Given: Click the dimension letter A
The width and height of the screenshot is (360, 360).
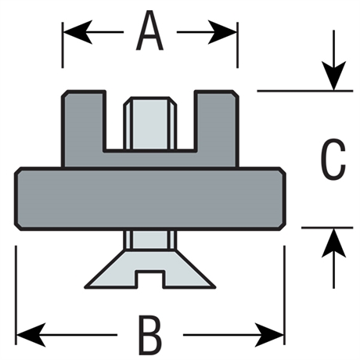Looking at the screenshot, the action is click(x=149, y=31).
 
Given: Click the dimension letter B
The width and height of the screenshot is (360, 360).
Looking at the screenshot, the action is click(x=150, y=335).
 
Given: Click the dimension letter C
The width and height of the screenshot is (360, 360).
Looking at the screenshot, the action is click(x=333, y=160).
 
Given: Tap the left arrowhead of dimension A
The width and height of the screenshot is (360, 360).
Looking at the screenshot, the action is click(x=78, y=32).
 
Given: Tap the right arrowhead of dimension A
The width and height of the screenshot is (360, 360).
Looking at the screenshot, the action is click(x=222, y=32).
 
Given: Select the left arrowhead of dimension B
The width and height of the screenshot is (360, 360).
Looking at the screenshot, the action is click(x=31, y=335).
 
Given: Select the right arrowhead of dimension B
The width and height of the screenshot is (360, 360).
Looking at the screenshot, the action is click(x=269, y=335).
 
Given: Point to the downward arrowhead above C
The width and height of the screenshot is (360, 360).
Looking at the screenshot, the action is click(x=333, y=76).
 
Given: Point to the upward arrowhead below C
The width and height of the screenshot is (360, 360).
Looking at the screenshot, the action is click(x=333, y=243).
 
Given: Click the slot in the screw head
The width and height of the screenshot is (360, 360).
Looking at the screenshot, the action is click(x=150, y=279).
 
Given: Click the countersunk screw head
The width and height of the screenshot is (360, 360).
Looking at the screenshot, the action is click(x=150, y=269).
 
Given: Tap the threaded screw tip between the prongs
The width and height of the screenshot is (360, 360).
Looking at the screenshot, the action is click(x=150, y=124).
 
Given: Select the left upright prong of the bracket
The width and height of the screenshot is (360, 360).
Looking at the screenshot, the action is click(x=84, y=128).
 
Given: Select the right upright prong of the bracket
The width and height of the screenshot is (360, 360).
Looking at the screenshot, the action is click(x=216, y=128).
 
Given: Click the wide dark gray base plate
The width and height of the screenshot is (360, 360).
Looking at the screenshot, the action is click(x=149, y=199).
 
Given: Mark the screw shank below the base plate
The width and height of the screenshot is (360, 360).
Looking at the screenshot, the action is click(x=150, y=240).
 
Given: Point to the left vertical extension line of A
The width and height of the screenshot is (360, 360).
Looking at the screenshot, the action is click(x=63, y=45).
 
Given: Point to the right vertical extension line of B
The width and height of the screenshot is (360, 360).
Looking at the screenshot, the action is click(x=284, y=295).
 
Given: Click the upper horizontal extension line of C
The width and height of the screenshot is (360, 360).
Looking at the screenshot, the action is click(x=304, y=91).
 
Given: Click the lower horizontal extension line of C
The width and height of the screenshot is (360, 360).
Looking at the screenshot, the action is click(x=327, y=228).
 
